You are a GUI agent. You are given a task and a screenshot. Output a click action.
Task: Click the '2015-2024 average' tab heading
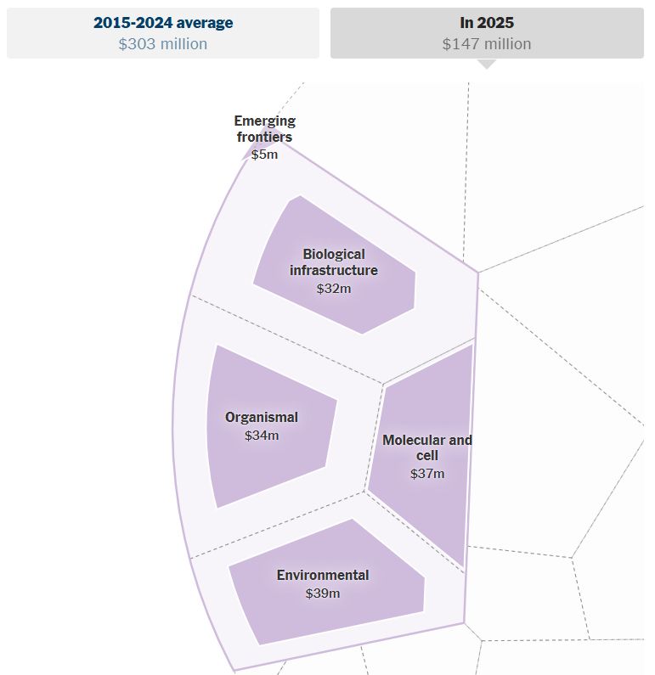[163, 23]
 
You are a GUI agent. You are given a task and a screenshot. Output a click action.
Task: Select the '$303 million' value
[163, 44]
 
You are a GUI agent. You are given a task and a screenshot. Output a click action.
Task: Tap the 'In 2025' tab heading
[487, 23]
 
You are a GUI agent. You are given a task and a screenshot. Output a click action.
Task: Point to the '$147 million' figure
[487, 44]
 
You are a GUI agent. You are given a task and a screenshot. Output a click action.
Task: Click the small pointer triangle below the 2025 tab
[487, 64]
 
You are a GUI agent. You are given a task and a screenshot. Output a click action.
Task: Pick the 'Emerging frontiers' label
[264, 129]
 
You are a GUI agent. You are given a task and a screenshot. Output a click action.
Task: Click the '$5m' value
[264, 155]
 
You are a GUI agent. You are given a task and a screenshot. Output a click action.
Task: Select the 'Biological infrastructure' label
[334, 262]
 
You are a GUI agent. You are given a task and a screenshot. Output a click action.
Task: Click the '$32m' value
[334, 288]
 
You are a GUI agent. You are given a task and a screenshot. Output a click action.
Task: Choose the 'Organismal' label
[262, 417]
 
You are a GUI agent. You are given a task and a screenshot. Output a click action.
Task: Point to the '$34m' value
[262, 436]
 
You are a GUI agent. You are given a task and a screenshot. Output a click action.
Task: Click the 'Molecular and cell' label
[427, 447]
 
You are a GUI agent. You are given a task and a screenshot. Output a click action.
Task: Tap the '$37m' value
[427, 473]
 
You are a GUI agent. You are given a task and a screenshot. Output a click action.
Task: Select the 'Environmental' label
[323, 575]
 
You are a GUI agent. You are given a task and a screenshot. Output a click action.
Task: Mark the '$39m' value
[323, 593]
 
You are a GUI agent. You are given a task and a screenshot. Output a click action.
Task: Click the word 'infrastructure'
[334, 271]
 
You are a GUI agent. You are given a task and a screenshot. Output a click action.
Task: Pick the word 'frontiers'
[264, 138]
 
